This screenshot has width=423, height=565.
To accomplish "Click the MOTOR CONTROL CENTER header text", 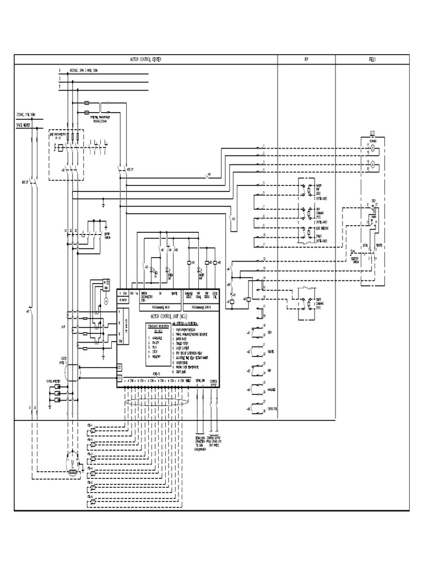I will (145, 59).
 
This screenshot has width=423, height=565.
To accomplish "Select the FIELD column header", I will (372, 59).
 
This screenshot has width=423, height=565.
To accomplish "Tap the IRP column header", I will (306, 59).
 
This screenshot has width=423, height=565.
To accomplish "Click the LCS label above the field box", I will (372, 133).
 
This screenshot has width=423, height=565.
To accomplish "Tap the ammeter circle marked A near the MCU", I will (106, 302).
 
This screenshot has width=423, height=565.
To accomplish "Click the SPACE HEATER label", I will (24, 125).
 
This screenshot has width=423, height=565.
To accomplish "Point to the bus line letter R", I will (59, 71).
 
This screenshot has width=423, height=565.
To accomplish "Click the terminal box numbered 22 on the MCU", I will (120, 367).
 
